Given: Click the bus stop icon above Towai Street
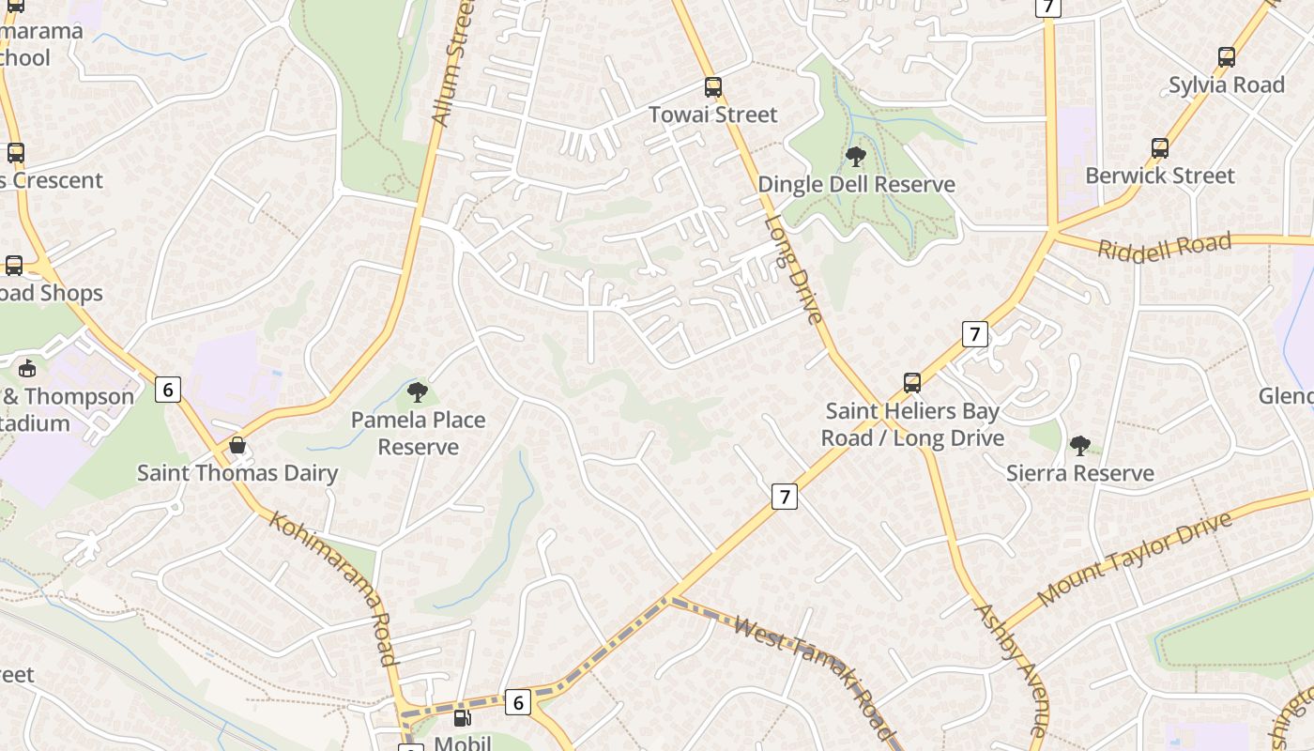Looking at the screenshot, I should tap(713, 88).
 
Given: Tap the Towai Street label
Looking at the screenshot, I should tap(713, 115).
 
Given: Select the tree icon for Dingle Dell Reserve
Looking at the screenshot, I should tap(855, 157).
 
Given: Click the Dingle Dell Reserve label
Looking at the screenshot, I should tap(856, 184).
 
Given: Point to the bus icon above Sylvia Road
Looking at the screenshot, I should tap(1226, 57).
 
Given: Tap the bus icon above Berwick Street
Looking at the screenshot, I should tap(1160, 148).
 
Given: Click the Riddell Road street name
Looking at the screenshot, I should tap(1164, 247).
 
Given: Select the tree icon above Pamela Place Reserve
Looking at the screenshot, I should tap(418, 392).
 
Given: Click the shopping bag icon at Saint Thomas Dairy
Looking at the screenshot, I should tap(237, 445).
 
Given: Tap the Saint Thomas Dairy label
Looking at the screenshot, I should tap(237, 472).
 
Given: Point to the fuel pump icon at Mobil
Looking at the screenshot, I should tap(462, 718).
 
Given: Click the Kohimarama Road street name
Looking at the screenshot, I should tap(334, 588).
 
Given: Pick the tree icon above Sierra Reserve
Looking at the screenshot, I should tap(1079, 445).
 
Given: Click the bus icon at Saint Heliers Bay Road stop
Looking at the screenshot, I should tap(911, 383).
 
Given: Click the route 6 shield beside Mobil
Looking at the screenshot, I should tap(517, 701).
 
